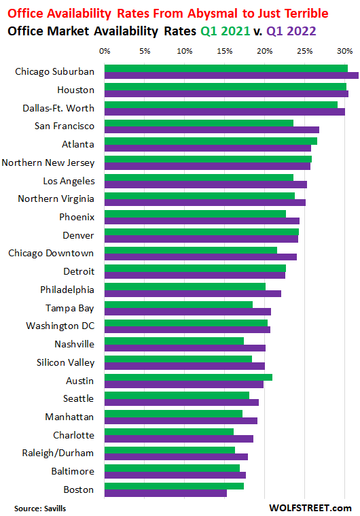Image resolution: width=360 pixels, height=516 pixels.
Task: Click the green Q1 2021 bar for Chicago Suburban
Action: [x=226, y=68]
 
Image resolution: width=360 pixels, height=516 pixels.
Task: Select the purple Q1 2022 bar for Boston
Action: [x=166, y=493]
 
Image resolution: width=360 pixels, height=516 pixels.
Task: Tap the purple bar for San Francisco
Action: [x=211, y=129]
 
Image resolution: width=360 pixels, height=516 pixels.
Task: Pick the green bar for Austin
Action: [x=188, y=377]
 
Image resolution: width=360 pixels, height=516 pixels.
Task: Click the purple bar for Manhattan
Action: [x=181, y=420]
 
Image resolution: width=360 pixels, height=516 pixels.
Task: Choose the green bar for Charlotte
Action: [x=169, y=432]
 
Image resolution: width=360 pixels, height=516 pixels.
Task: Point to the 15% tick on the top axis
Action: [x=224, y=51]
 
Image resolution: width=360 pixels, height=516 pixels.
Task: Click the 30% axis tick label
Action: [x=344, y=51]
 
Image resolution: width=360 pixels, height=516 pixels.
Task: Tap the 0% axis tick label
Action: [x=105, y=51]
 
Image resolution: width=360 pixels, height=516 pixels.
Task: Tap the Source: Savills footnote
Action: [x=40, y=507]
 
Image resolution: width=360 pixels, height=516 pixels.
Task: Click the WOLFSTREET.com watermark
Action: [x=310, y=507]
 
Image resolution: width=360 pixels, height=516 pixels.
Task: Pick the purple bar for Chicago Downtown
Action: [x=200, y=256]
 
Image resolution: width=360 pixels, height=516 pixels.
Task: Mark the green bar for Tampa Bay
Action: [x=179, y=305]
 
